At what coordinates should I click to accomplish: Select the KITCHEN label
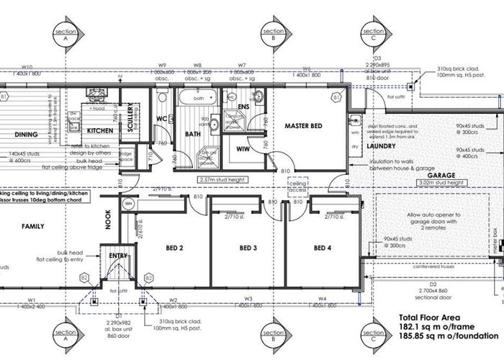click(99, 131)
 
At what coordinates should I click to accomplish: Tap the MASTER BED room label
click(302, 127)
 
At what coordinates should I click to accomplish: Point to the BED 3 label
click(248, 248)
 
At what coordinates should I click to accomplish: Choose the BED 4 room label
click(323, 248)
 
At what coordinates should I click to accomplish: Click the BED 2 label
click(175, 248)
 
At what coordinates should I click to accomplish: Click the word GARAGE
click(440, 175)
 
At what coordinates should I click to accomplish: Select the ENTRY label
click(119, 255)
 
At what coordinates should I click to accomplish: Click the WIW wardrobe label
click(243, 149)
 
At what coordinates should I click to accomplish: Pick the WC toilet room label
click(162, 117)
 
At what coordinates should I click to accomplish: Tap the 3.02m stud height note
click(440, 184)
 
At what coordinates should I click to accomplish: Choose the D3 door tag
click(376, 58)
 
